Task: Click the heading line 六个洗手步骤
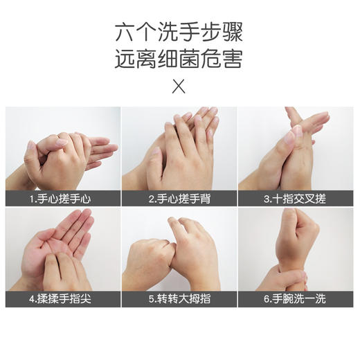tap(179, 33)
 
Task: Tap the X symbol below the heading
tap(179, 87)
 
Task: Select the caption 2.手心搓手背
tap(179, 199)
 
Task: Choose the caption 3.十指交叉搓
tap(297, 199)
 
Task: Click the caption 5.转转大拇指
tap(179, 300)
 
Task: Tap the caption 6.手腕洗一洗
tap(297, 300)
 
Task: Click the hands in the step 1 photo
tap(62, 156)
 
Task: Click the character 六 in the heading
tap(125, 33)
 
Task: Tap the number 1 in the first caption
tap(32, 199)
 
